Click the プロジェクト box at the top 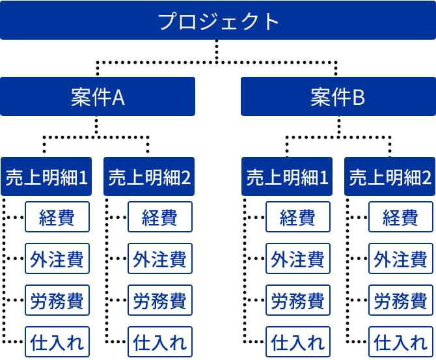tap(218, 20)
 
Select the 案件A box tap(98, 96)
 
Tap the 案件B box tap(338, 96)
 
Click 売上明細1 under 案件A tap(46, 176)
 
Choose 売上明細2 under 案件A tap(149, 176)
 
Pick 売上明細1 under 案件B tap(287, 176)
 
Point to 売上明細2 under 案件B tap(390, 176)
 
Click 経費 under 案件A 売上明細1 tap(57, 217)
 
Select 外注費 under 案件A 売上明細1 tap(57, 258)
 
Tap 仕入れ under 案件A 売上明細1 tap(57, 342)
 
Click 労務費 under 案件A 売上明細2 tap(160, 300)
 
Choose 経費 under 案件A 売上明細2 tap(160, 217)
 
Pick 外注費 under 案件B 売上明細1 tap(298, 258)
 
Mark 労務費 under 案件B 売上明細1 tap(298, 300)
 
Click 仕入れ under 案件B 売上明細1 tap(298, 342)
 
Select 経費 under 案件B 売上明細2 tap(401, 217)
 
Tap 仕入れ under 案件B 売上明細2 tap(401, 342)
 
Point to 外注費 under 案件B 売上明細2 tap(401, 258)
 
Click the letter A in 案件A tap(118, 98)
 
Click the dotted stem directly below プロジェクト tap(217, 51)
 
